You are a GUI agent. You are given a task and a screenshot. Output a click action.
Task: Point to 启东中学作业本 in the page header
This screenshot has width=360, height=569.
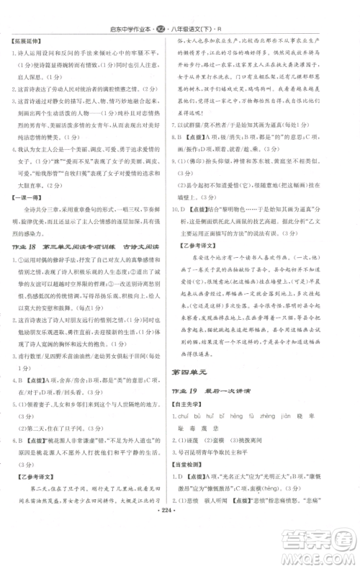(154, 12)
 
